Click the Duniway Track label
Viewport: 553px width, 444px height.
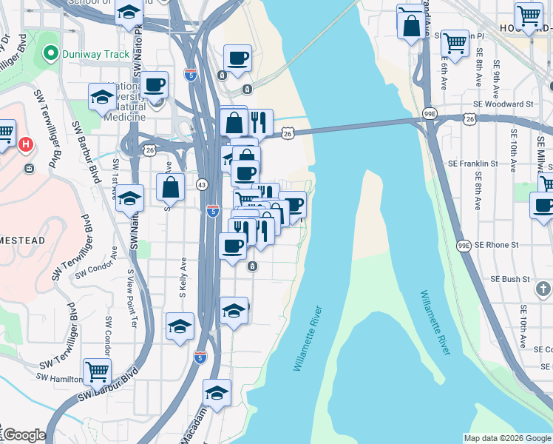[96, 54]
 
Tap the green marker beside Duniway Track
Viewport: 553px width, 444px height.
[50, 53]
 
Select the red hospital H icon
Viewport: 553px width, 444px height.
[27, 144]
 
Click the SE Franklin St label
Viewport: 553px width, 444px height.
[472, 163]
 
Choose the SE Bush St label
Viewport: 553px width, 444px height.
[506, 279]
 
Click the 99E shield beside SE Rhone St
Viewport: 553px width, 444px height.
[464, 244]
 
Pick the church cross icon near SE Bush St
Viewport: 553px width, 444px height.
[542, 289]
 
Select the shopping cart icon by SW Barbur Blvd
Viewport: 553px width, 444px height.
[98, 371]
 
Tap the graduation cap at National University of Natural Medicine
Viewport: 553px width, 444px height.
[102, 96]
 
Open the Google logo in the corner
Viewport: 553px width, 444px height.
[24, 435]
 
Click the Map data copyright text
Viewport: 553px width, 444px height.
[506, 438]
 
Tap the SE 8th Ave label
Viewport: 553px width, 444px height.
[480, 192]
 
